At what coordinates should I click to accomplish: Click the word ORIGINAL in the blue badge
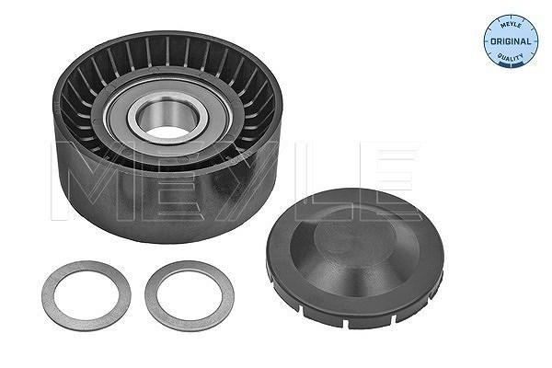(x=511, y=41)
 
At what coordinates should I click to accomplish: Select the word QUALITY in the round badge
(x=510, y=57)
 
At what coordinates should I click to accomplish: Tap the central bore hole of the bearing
(x=167, y=119)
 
